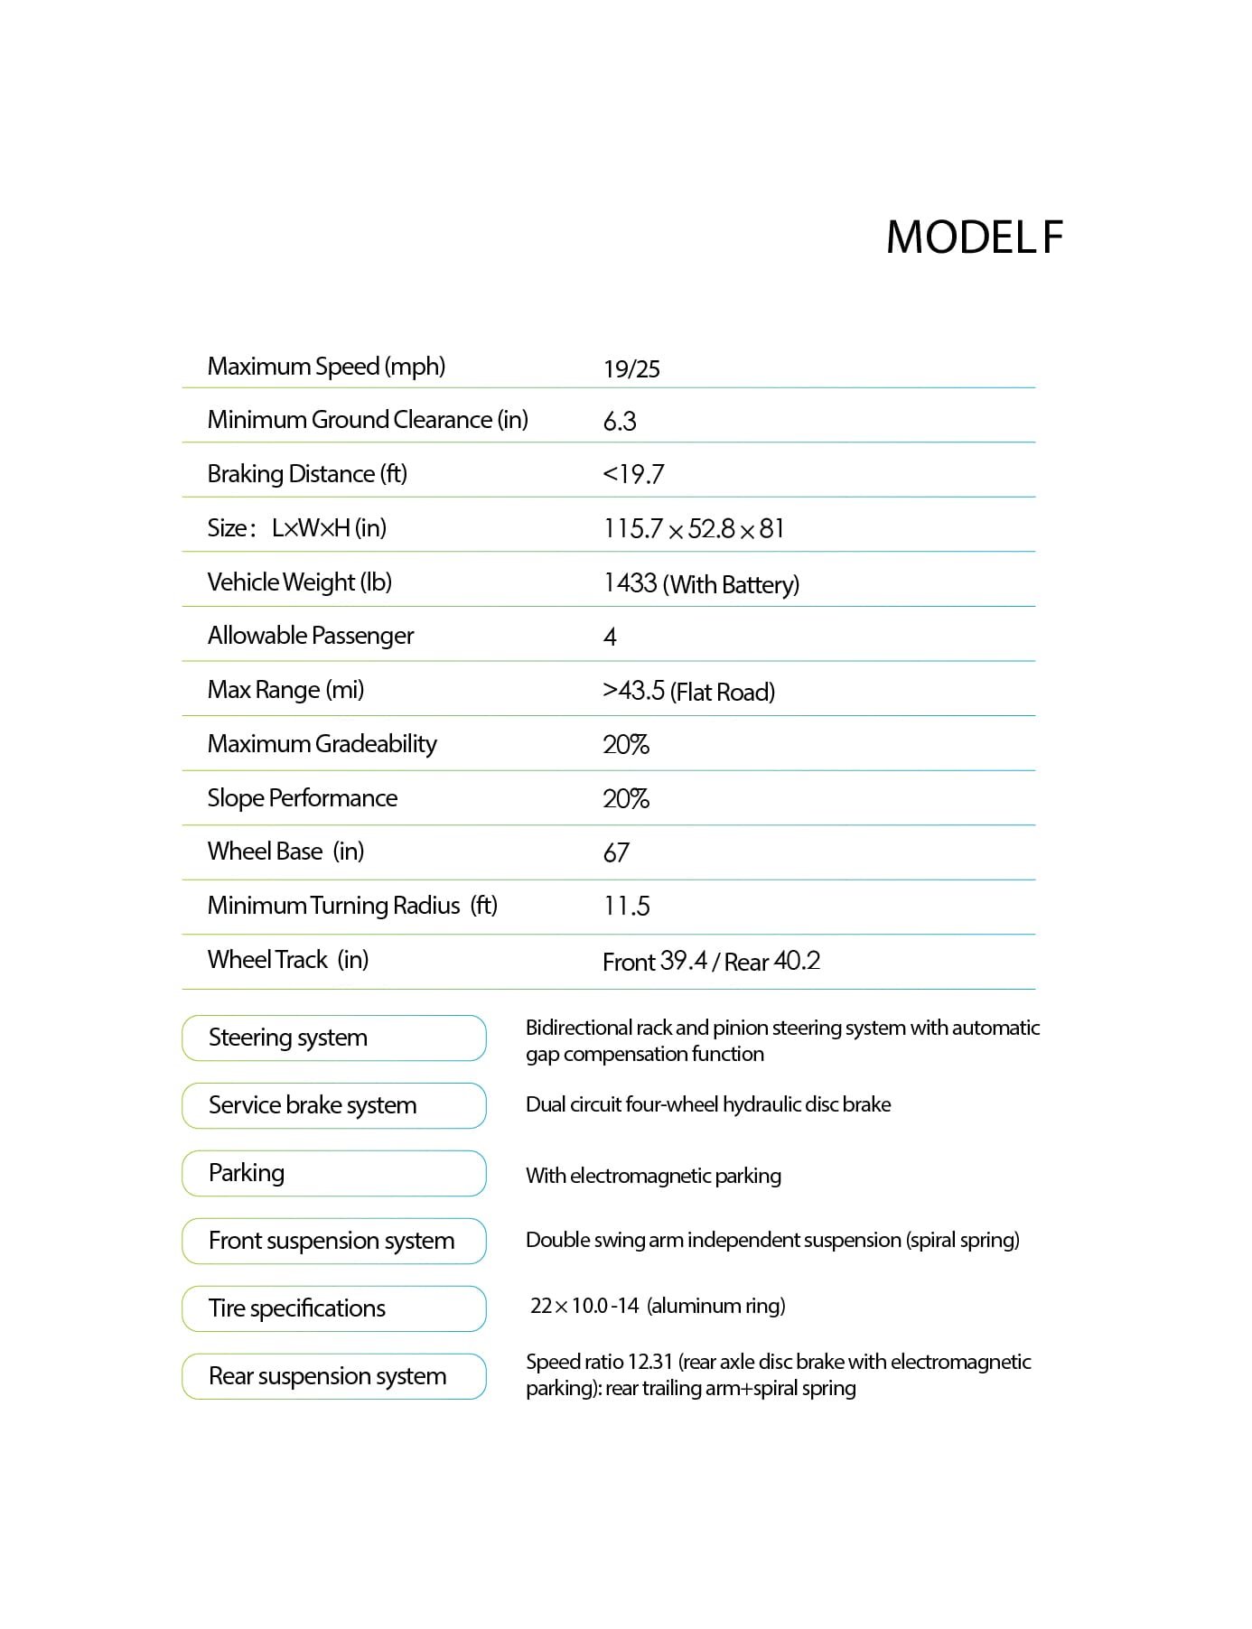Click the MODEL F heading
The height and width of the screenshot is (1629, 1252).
tap(974, 237)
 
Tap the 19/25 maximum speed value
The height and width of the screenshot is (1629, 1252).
tap(631, 368)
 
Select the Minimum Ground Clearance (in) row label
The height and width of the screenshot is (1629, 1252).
tap(368, 420)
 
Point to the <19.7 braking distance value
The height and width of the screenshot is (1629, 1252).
tap(633, 474)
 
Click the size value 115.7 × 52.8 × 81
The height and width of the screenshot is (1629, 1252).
tap(694, 529)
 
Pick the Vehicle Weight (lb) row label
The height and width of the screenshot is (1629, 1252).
tap(299, 582)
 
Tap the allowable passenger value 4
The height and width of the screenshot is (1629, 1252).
tap(610, 638)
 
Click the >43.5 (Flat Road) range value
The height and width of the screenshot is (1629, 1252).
tap(688, 692)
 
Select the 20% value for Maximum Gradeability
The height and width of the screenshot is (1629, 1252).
tap(626, 745)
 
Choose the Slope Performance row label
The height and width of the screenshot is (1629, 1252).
tap(302, 798)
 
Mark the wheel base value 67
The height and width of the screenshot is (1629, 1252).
tap(616, 852)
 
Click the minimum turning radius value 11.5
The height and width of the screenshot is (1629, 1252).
tap(626, 907)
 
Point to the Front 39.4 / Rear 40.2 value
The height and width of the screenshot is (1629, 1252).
tap(711, 962)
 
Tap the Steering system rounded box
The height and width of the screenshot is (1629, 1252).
tap(333, 1038)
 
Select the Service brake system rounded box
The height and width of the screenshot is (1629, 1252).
tap(333, 1106)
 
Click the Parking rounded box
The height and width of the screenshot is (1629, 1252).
tap(333, 1174)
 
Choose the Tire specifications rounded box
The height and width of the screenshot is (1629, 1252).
tap(333, 1309)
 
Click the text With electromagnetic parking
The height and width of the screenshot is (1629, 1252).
tap(653, 1176)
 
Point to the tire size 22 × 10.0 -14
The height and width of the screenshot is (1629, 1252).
tap(584, 1306)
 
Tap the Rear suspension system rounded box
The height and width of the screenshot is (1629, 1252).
tap(333, 1377)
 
